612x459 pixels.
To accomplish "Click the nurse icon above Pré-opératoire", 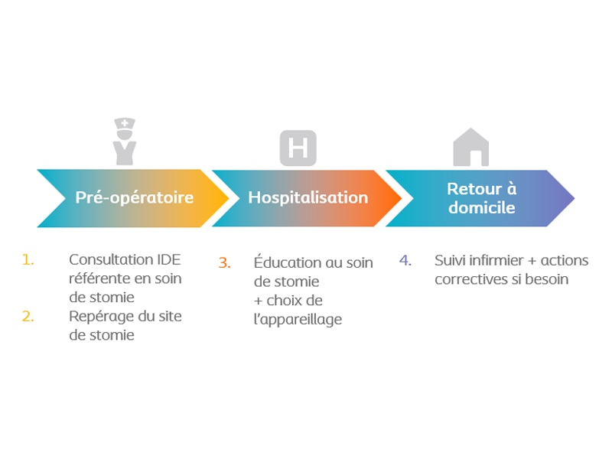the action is tap(125, 142).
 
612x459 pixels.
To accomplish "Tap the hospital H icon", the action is tap(298, 148).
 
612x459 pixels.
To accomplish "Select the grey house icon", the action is tap(471, 147).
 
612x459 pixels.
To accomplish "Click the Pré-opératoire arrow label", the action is tap(135, 197).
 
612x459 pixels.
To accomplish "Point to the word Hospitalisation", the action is tap(308, 197).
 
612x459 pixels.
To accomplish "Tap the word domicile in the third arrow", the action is tap(482, 207).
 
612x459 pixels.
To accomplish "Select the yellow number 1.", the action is tap(28, 259).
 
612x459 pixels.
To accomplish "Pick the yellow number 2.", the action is tap(28, 316).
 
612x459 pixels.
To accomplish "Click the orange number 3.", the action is tap(224, 262).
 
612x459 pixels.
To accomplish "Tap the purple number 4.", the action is tap(405, 260).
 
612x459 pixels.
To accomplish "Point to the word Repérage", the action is tap(102, 317).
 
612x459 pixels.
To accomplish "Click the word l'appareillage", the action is tap(298, 320).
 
